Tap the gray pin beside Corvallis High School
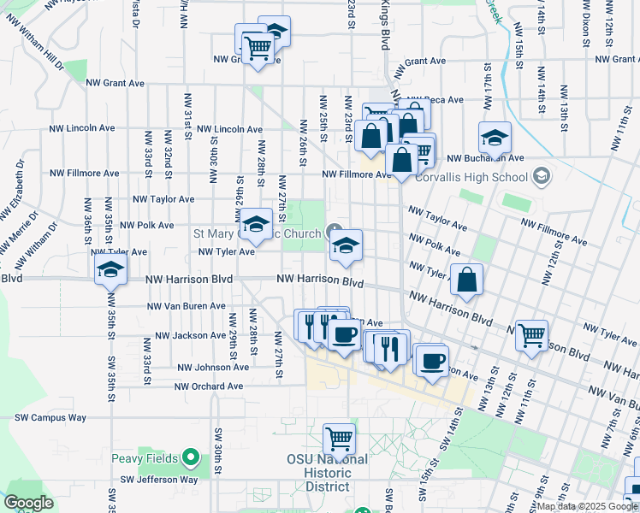point(541,178)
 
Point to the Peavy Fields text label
point(144,458)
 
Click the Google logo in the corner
point(28,503)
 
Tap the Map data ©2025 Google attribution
point(587,506)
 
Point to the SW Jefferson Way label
point(159,480)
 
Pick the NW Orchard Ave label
point(209,386)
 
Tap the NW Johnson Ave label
point(213,368)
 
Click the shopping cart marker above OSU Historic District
point(340,440)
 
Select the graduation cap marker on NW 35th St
point(110,269)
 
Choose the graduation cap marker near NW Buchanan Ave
point(495,138)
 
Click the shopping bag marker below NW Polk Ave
point(467,280)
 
